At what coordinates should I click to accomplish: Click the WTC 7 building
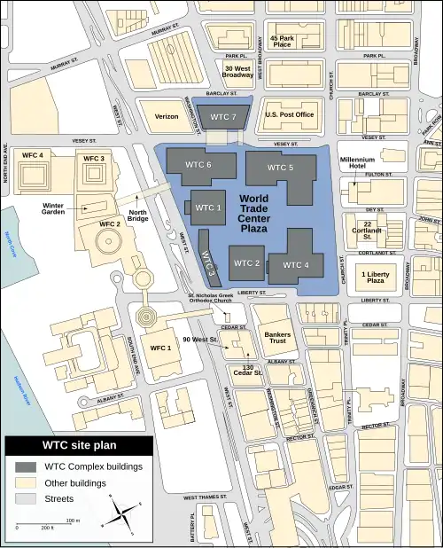222,117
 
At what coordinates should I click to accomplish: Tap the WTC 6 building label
198,165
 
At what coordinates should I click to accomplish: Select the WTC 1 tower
208,207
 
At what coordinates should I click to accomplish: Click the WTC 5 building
280,168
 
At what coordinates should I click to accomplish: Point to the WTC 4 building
295,264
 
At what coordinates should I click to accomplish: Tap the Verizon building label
167,116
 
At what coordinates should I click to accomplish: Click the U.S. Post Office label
291,114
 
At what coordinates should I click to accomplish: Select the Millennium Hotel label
335,164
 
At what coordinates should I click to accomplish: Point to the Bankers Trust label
277,338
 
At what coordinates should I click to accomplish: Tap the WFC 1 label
161,348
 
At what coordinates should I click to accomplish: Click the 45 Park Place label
281,40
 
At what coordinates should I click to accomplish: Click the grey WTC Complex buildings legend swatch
24,466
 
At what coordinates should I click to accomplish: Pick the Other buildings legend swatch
24,483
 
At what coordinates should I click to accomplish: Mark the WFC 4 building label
33,157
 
